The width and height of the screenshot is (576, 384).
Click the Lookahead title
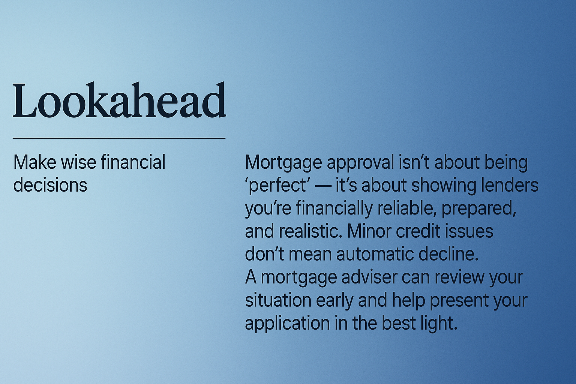(x=119, y=100)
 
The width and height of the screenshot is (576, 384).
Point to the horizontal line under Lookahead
(x=119, y=138)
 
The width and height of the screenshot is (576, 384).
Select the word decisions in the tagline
(x=50, y=185)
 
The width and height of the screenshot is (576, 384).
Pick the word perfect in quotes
(x=277, y=185)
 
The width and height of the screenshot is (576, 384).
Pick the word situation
(x=278, y=300)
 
